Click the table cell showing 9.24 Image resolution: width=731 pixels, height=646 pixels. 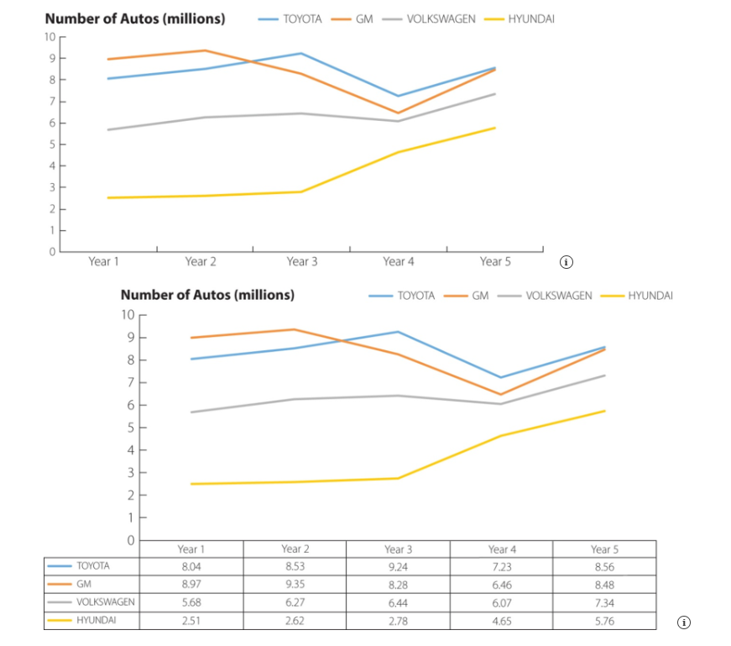[x=398, y=566]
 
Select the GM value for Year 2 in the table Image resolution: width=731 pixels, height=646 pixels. [x=295, y=584]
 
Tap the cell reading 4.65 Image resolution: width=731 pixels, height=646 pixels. [x=501, y=620]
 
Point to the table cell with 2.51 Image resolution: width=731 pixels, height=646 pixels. [x=191, y=620]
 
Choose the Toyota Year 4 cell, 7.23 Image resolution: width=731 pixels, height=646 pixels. [x=501, y=566]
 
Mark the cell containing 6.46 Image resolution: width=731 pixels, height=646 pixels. [x=501, y=584]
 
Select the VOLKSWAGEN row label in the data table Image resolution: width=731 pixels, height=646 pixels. [x=105, y=602]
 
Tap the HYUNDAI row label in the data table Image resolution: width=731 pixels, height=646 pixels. [x=96, y=620]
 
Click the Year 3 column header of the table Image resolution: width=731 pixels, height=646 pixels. [x=398, y=549]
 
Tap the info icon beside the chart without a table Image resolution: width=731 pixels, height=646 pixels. [x=567, y=262]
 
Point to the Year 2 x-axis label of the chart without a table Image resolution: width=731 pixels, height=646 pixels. [x=201, y=262]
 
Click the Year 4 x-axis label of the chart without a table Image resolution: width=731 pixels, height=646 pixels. [x=399, y=262]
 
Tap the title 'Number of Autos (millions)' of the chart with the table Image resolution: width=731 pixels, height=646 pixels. [x=207, y=295]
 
